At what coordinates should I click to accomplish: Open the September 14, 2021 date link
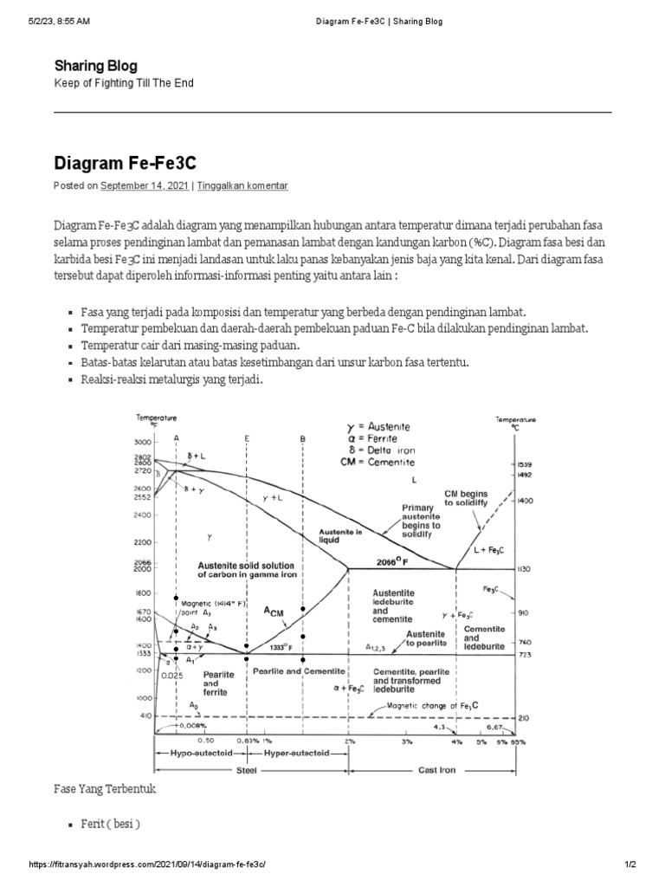coord(145,185)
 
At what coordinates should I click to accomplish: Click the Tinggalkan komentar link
coord(242,185)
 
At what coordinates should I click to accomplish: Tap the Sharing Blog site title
coord(95,66)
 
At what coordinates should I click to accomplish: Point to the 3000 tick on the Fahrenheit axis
coord(143,442)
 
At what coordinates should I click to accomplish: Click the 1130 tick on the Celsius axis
coord(524,569)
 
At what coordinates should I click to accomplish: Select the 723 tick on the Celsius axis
coord(522,655)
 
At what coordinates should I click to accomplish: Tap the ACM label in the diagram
coord(274,611)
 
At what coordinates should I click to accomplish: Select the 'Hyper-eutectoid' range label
coord(298,754)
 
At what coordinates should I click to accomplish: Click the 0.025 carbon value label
coord(172,675)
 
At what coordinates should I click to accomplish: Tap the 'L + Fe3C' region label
coord(488,549)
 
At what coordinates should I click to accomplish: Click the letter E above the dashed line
coord(247,439)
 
